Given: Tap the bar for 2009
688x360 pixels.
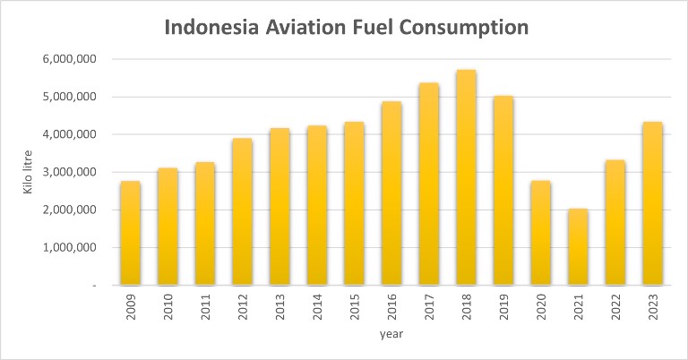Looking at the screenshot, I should tap(130, 233).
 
